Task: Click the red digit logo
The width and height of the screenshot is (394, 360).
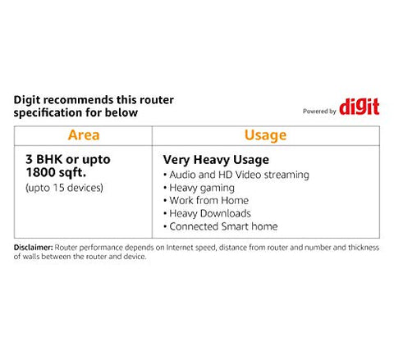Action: [x=360, y=107]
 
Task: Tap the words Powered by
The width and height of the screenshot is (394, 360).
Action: [x=319, y=112]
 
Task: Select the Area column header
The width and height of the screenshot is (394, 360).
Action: [x=84, y=135]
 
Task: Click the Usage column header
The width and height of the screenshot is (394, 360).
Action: [x=265, y=135]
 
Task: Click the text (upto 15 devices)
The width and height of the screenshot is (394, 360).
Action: [x=64, y=188]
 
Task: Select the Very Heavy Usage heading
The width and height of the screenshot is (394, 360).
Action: [x=216, y=160]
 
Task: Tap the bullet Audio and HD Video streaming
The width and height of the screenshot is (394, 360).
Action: [x=236, y=175]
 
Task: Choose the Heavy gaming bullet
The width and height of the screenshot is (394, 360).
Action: [x=199, y=188]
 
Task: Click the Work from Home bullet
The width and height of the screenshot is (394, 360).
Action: [x=206, y=200]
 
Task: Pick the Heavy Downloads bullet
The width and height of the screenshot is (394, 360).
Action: [x=207, y=213]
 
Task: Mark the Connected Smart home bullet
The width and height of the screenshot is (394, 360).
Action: [x=221, y=226]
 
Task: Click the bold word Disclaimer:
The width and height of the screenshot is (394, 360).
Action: [x=33, y=248]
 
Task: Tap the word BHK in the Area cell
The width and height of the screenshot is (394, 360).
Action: [x=49, y=159]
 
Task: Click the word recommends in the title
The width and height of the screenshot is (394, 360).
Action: [x=79, y=100]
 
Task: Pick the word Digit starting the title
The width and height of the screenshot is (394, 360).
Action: [x=27, y=100]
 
